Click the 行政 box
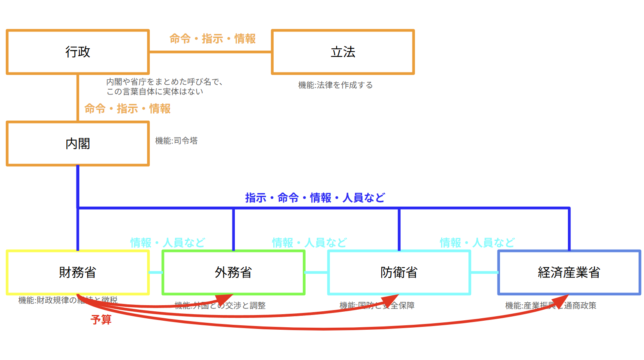tap(78, 52)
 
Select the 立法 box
tap(343, 52)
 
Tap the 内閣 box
tap(78, 144)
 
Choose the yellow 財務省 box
tap(78, 272)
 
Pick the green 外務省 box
tap(233, 272)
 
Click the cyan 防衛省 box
tap(399, 272)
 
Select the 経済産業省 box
tap(569, 272)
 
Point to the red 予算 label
tap(101, 319)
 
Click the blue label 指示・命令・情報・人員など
tap(315, 198)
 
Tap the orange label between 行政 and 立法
tap(212, 39)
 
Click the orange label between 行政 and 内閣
tap(127, 109)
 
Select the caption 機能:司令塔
tap(176, 141)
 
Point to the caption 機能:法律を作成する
tap(336, 85)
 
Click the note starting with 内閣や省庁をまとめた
tap(164, 87)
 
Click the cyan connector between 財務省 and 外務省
tap(156, 272)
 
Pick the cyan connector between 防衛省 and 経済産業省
tap(484, 272)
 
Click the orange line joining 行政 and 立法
tap(210, 52)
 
